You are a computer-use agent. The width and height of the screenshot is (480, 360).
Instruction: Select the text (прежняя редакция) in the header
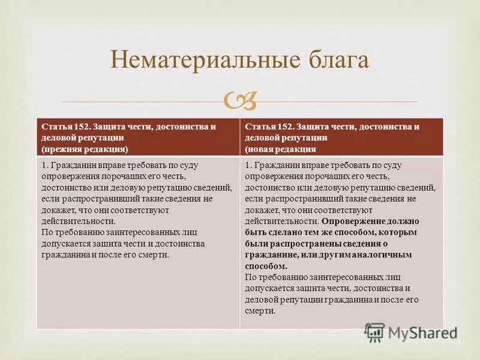[85, 148]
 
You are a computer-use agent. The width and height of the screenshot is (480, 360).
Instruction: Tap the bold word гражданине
[269, 254]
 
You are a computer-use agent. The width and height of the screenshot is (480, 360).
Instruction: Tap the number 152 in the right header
[286, 127]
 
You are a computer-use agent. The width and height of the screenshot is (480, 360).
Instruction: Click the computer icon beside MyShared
[375, 332]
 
